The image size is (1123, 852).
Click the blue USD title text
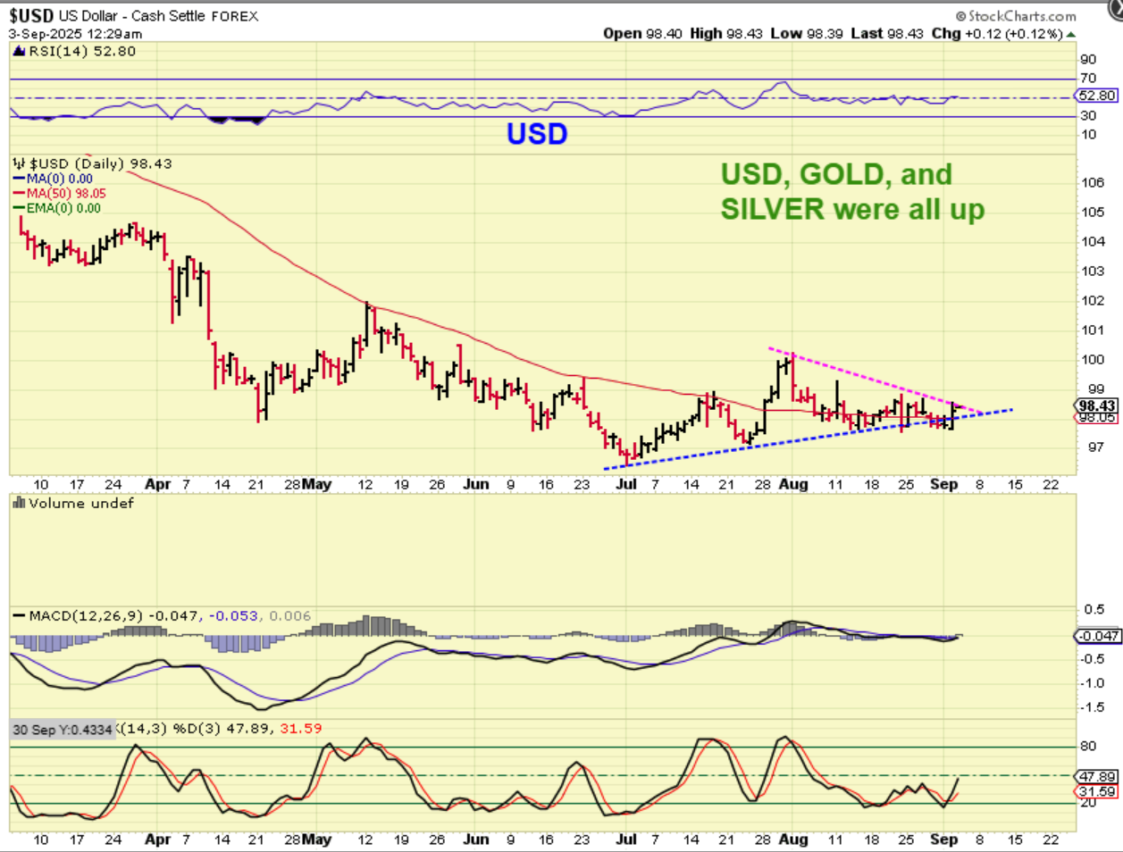(537, 134)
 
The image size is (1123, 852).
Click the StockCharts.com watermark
(1016, 15)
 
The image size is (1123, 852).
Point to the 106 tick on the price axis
(1093, 182)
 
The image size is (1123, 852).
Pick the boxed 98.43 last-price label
(1097, 405)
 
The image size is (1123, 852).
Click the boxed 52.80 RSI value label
(1097, 96)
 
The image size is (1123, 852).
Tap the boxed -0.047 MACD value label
(1097, 636)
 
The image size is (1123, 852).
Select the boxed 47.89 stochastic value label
(1097, 777)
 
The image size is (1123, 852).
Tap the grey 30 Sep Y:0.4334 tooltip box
(63, 730)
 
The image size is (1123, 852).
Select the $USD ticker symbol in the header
(31, 15)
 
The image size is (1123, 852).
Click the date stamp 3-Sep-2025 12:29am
(75, 34)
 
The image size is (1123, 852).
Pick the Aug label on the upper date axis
(793, 484)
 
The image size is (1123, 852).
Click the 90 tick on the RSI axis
(1088, 59)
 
